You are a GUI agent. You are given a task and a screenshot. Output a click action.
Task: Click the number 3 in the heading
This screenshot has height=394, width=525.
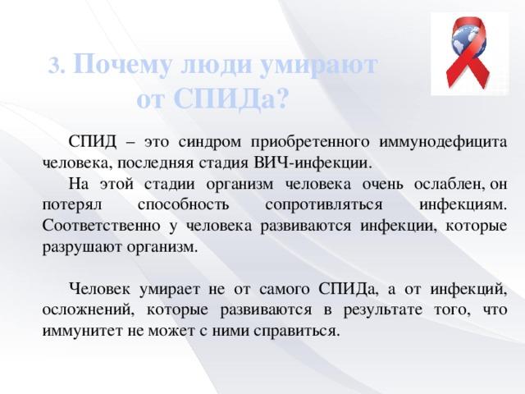coord(55,66)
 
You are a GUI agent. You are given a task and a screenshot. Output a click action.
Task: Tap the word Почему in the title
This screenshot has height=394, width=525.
coord(121,64)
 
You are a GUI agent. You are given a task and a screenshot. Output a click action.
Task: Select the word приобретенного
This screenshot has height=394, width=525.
coord(310,143)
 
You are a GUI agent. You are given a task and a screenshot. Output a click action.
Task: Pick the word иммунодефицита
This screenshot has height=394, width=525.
coord(443,143)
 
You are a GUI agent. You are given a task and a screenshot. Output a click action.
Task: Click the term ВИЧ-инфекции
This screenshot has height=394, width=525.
coord(313,163)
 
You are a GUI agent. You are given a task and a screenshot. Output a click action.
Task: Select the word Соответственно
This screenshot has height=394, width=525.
coord(102,227)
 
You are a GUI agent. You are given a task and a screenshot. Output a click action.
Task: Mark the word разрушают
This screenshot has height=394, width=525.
coord(83,248)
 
